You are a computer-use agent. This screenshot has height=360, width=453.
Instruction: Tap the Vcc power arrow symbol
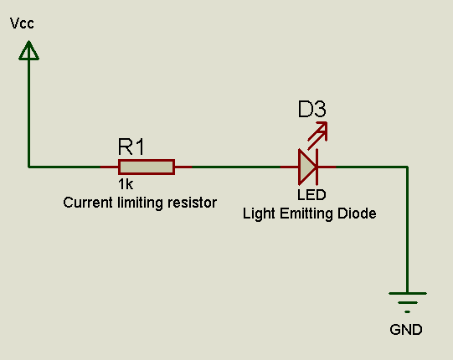pos(28,52)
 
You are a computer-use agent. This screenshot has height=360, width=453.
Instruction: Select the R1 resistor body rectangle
pos(146,167)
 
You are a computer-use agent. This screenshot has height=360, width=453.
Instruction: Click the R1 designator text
pos(131,147)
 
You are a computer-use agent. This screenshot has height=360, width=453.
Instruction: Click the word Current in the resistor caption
pos(87,203)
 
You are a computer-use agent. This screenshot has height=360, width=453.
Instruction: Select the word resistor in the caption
pos(193,203)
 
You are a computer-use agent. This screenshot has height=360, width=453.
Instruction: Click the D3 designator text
pos(311,109)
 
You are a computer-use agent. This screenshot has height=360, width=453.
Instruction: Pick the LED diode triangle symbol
pos(307,167)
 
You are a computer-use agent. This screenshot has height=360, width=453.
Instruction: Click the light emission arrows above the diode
pos(317,132)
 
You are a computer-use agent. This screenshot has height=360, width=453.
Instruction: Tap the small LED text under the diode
pos(311,195)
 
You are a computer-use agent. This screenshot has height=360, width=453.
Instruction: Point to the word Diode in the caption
pos(358,213)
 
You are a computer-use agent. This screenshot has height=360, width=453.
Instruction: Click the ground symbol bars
pos(408,300)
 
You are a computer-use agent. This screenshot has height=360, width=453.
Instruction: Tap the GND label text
pos(406,329)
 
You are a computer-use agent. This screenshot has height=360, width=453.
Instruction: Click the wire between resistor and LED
pos(239,167)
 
